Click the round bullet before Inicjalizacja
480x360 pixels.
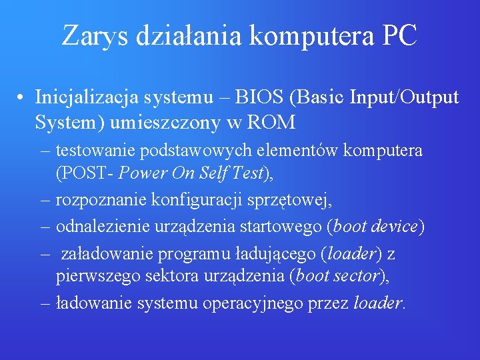tap(23, 99)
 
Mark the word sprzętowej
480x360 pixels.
tap(289, 200)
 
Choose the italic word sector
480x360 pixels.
tap(356, 276)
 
